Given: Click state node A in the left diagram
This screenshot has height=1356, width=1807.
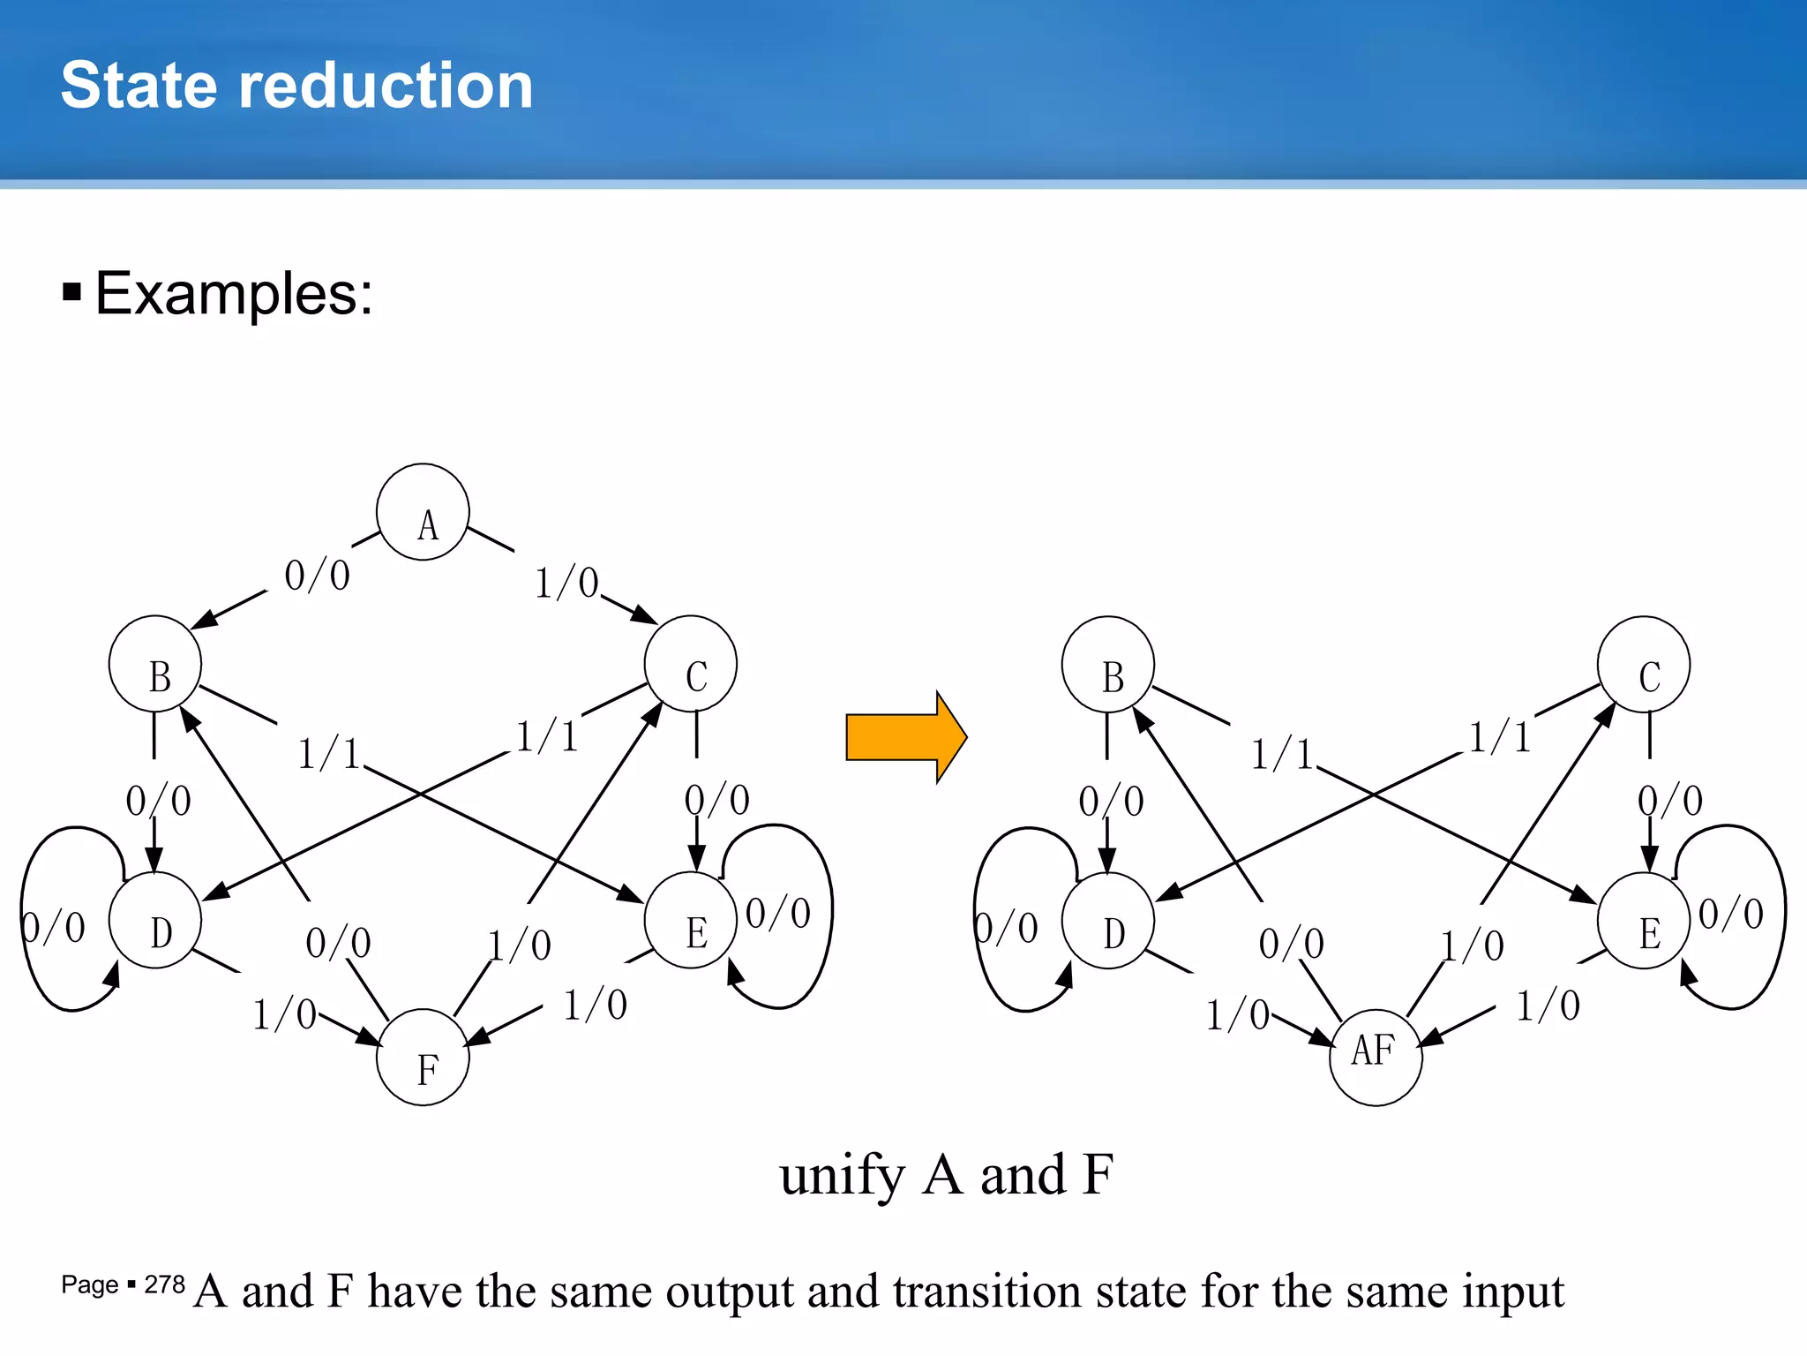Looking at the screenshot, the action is point(423,512).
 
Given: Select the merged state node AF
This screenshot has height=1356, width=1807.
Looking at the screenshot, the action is point(1376,1057).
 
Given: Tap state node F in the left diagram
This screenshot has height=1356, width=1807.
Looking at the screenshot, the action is point(423,1057).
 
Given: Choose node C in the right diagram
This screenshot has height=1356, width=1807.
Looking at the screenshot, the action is point(1644,664).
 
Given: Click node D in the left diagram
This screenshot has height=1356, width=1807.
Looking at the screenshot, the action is point(155,920).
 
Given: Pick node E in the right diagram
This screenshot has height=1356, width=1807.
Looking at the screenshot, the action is point(1644,920).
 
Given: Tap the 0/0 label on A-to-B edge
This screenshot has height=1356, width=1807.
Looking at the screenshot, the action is point(317,576).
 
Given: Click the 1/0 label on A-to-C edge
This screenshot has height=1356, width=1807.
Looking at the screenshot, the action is point(566,584).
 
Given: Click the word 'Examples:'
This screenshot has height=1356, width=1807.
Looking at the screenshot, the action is point(234,293).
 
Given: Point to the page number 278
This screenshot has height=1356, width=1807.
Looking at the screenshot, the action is point(165,1284).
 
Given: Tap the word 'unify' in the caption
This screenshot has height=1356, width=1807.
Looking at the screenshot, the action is point(843,1176).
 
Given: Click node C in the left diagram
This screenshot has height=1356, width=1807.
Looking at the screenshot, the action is point(691,664).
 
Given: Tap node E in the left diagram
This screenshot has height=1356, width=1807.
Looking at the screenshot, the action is point(691,920).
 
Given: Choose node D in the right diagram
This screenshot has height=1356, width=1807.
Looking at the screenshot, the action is point(1108,920).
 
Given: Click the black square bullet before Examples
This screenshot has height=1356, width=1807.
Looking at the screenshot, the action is point(72,292).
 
